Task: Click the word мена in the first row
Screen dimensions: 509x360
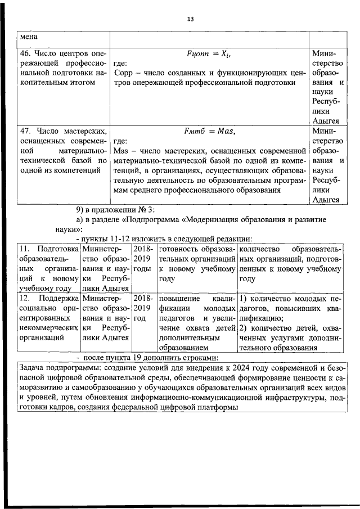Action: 29,37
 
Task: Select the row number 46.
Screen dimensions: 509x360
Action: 25,53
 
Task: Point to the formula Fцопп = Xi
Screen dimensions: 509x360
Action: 208,54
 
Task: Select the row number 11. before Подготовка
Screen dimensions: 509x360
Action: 25,249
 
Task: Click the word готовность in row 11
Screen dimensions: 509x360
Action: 178,249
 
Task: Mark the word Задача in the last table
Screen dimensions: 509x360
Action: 33,368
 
